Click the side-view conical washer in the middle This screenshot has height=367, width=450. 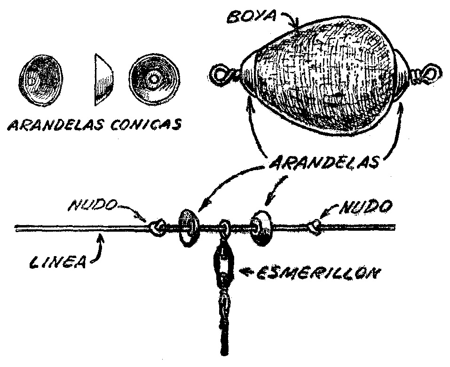pyautogui.click(x=105, y=80)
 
